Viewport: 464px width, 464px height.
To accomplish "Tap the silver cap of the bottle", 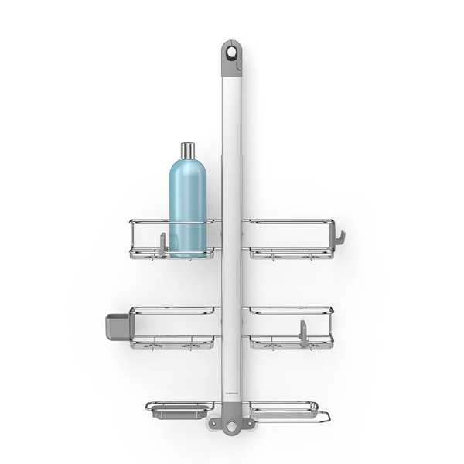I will click(x=188, y=150).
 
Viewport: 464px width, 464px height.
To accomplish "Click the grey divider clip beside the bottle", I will click(x=162, y=242).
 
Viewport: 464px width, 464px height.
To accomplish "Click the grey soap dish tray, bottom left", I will click(x=167, y=410).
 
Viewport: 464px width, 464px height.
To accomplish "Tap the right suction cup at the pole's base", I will click(x=249, y=424).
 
